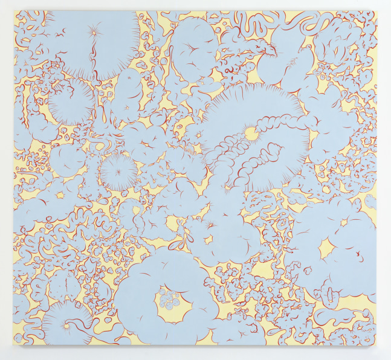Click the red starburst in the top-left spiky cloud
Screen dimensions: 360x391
95,30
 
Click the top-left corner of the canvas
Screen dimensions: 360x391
15,11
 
